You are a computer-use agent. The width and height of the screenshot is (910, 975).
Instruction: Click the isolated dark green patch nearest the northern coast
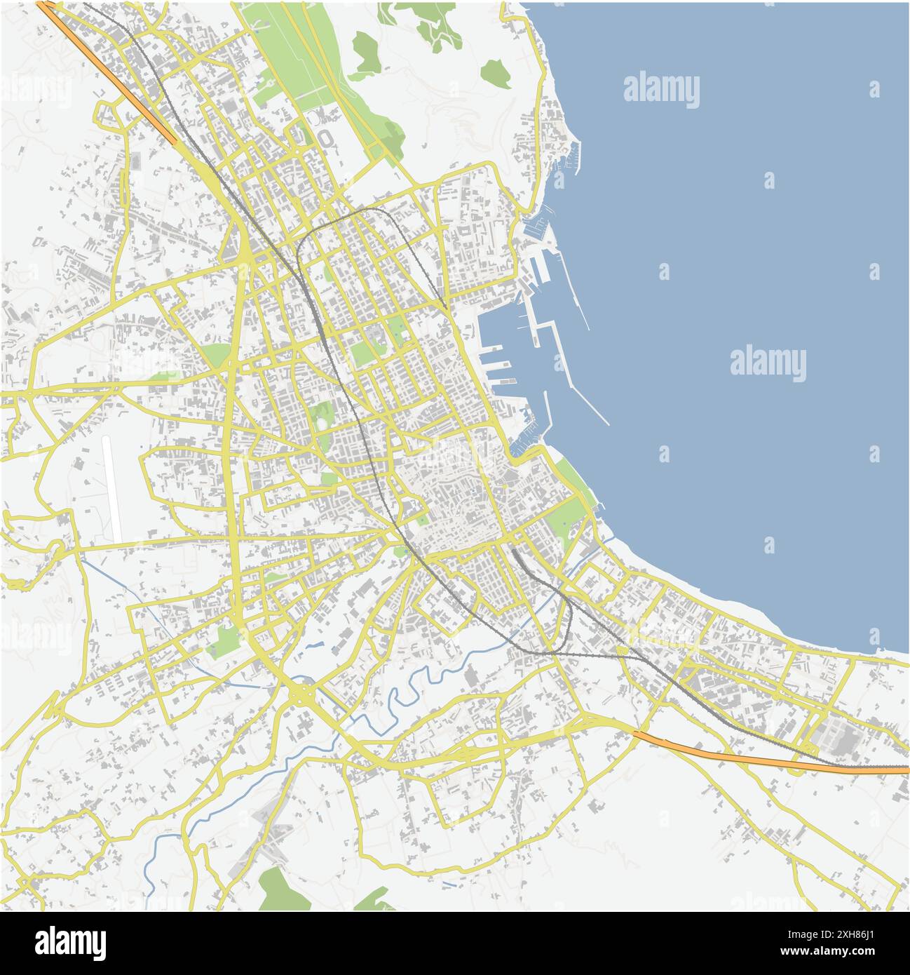[496, 72]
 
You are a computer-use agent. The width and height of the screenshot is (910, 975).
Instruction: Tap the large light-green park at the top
[294, 56]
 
